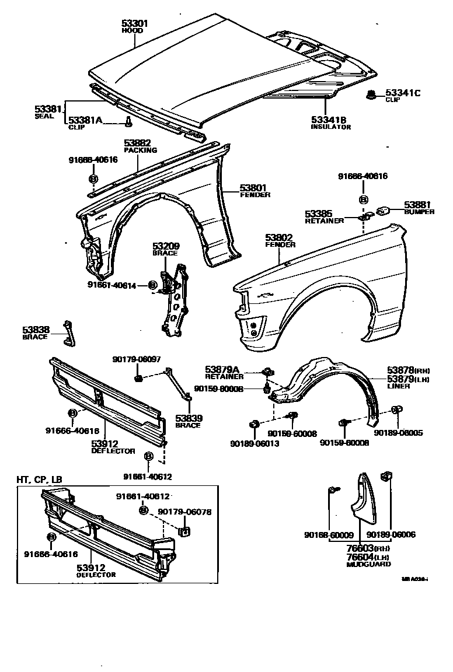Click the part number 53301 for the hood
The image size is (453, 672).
pos(135,23)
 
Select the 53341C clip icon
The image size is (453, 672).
pos(370,94)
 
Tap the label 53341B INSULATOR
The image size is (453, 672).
pos(330,123)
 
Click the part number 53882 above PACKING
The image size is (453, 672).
pos(138,143)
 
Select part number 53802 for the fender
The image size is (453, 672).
pos(280,237)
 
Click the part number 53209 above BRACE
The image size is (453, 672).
pos(166,246)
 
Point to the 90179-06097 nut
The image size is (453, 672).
pos(139,380)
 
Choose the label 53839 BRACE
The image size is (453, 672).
pos(188,421)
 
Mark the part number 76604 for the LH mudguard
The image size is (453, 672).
pos(359,557)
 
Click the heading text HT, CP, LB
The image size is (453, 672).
pos(39,480)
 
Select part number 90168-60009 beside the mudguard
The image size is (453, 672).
pos(329,534)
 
